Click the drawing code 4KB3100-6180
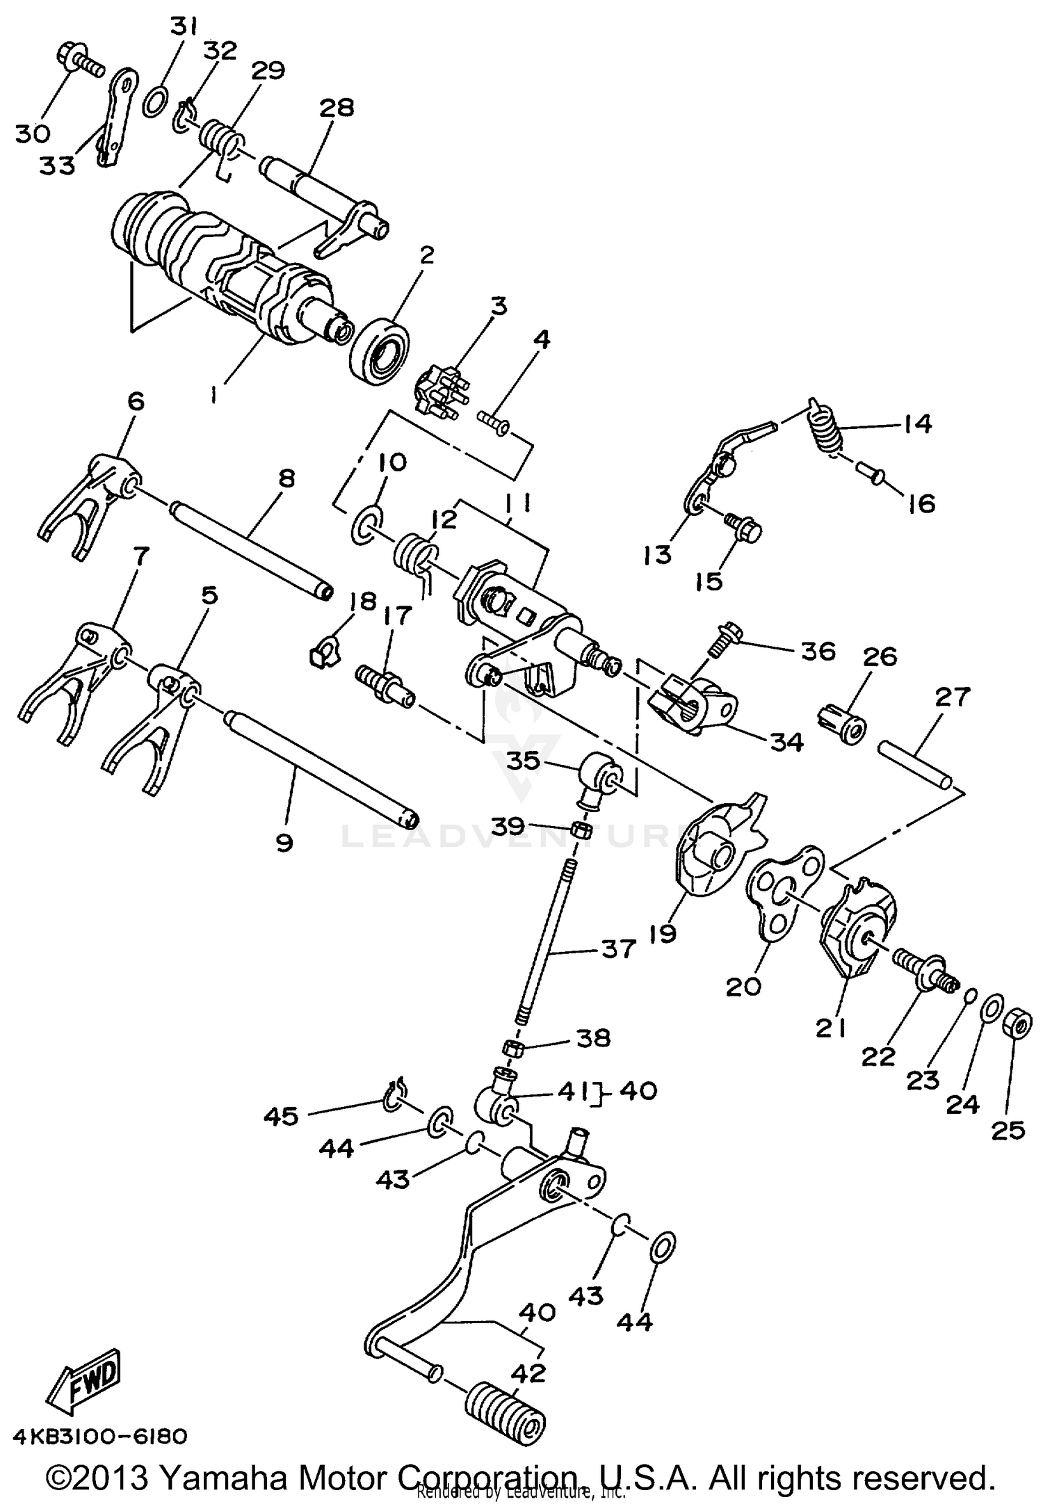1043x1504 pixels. pos(99,1435)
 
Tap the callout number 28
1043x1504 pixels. pos(337,108)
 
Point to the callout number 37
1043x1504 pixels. pos(617,949)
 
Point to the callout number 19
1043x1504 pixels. pos(663,932)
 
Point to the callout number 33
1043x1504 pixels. pos(56,165)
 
